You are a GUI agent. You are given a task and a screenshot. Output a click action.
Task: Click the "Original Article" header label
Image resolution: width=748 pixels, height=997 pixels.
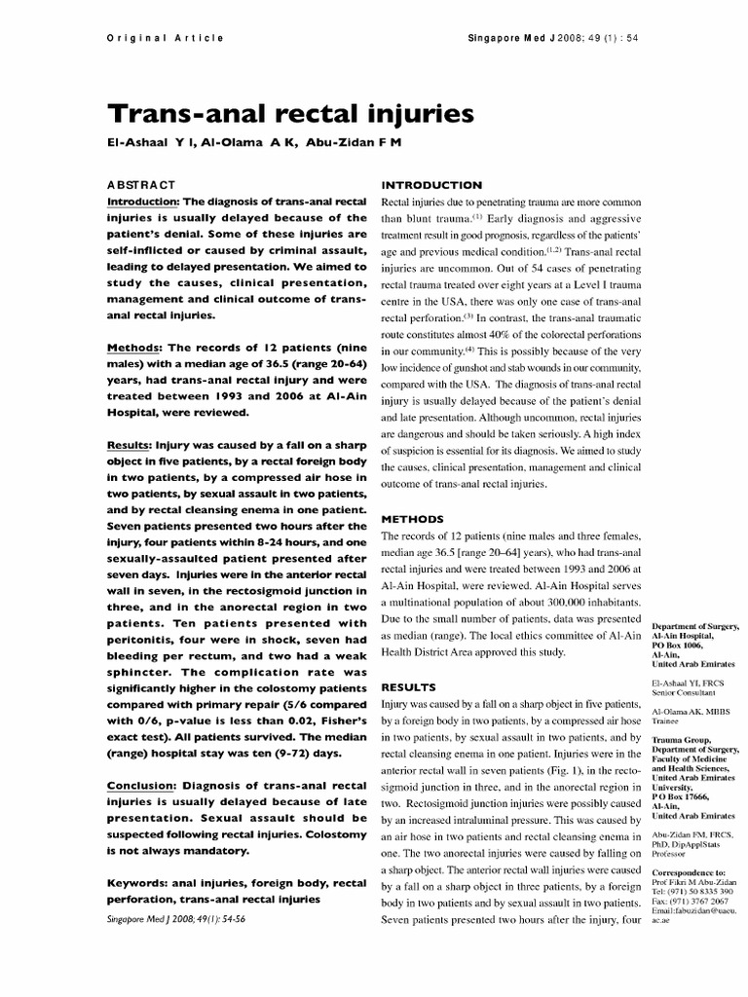click(163, 38)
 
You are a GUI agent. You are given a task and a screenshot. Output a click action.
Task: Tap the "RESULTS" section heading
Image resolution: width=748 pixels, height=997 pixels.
click(406, 686)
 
